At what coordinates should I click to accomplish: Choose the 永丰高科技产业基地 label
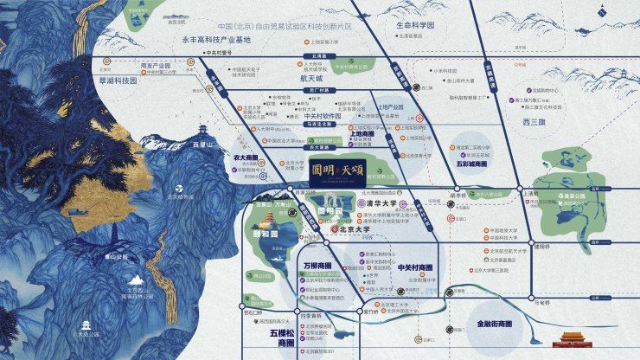point(216,39)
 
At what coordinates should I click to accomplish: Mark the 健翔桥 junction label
point(542,245)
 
